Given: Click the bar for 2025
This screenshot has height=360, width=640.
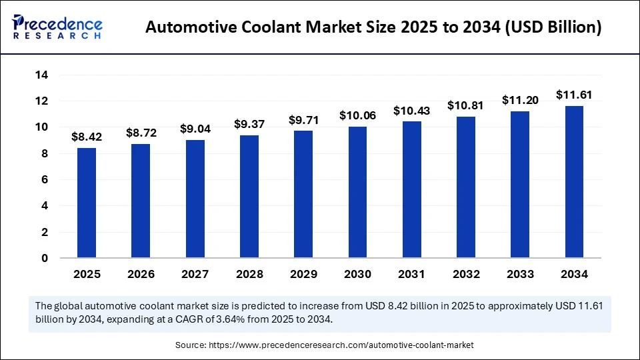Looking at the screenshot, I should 87,203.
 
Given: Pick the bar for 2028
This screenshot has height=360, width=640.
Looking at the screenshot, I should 249,197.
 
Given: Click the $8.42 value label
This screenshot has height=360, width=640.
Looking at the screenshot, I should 87,137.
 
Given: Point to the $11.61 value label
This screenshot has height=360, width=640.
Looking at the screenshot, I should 574,95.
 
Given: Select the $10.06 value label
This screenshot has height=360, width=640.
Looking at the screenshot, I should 357,115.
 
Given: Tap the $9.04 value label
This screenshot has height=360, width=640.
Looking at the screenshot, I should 195,129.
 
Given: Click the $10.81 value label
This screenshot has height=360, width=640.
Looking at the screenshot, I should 466,105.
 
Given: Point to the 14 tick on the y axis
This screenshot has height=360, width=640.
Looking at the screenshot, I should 41,75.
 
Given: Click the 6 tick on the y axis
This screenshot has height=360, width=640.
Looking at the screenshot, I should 45,180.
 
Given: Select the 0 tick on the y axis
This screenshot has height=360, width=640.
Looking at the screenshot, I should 45,258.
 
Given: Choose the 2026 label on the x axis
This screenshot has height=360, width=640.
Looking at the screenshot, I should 141,274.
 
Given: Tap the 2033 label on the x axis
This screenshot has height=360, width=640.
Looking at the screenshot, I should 520,274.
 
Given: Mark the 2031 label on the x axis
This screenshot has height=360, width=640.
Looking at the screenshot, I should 411,274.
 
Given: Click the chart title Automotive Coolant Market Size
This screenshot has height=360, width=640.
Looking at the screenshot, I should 373,28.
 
